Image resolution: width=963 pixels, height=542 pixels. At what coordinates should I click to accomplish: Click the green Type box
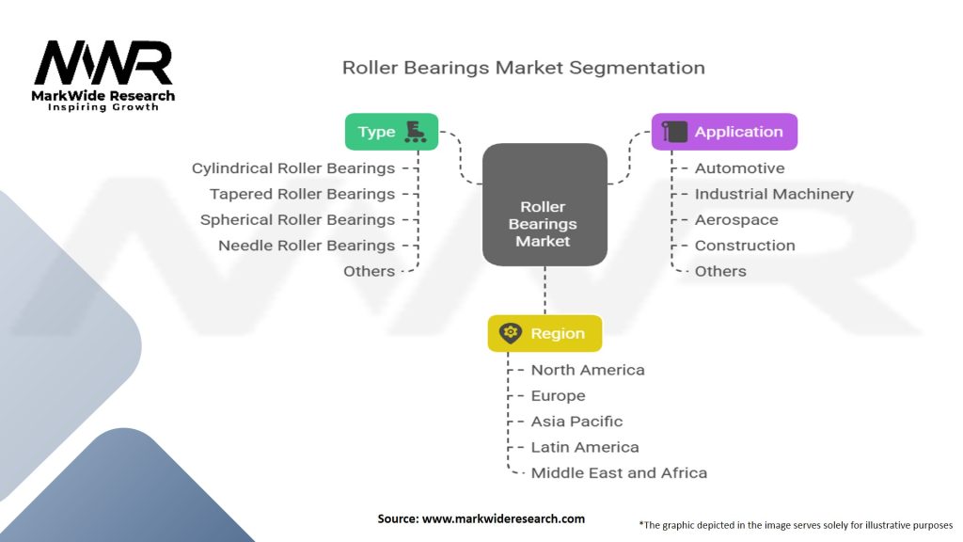[x=391, y=132]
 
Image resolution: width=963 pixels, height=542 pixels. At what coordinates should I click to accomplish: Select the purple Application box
[x=724, y=132]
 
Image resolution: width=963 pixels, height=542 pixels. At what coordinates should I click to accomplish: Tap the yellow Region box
[x=545, y=334]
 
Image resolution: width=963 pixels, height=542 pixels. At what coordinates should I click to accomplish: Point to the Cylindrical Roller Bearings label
[x=293, y=168]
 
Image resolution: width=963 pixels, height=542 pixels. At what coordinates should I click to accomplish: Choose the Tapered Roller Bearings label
[x=302, y=194]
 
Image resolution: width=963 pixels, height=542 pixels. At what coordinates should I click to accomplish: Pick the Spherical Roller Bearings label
[x=297, y=219]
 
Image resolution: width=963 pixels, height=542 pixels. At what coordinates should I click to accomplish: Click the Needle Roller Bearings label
[x=307, y=246]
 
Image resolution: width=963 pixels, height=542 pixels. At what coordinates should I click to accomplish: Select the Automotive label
[x=739, y=168]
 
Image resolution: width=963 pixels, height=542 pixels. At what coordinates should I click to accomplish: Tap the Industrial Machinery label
[x=774, y=194]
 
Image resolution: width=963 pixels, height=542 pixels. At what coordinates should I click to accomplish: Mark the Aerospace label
[x=736, y=219]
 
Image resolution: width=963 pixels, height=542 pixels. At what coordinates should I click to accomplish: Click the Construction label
[x=745, y=246]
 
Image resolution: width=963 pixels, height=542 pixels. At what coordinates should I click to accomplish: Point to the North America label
[x=588, y=370]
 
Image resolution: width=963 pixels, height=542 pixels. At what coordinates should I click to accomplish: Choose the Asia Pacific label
[x=576, y=422]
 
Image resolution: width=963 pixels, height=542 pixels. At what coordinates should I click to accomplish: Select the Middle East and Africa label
[x=619, y=472]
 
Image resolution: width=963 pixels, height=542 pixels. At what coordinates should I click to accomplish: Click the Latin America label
[x=585, y=447]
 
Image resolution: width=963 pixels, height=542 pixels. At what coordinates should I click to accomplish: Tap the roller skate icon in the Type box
[x=415, y=132]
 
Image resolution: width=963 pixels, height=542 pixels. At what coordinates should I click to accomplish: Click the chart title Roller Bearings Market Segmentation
[x=523, y=68]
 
